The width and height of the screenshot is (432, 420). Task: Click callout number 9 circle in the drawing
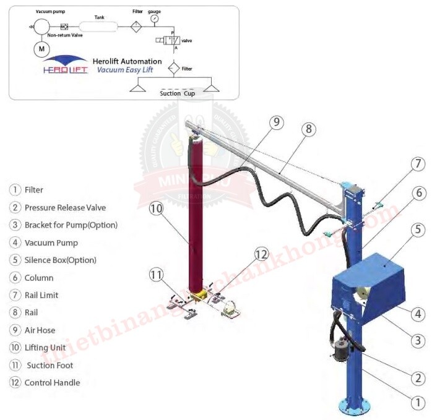(276, 122)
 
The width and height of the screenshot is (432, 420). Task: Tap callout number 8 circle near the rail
(309, 129)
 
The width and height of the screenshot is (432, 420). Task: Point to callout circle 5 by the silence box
(418, 229)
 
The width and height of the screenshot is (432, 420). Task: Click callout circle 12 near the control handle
(262, 254)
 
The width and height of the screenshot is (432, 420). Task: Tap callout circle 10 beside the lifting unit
(156, 208)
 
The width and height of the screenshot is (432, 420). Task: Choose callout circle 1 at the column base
(418, 401)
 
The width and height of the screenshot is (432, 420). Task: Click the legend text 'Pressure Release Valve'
(65, 207)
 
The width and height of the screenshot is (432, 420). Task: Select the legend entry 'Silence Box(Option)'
(60, 260)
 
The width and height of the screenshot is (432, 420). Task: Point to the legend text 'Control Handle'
(52, 382)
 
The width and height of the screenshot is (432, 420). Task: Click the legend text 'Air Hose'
(40, 330)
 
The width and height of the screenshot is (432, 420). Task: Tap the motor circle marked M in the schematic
(42, 48)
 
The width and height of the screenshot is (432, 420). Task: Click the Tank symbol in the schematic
(99, 27)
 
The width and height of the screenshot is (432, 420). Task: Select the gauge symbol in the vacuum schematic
(153, 19)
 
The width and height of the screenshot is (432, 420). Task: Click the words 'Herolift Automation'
(126, 61)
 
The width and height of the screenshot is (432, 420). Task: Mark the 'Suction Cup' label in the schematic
(178, 93)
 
